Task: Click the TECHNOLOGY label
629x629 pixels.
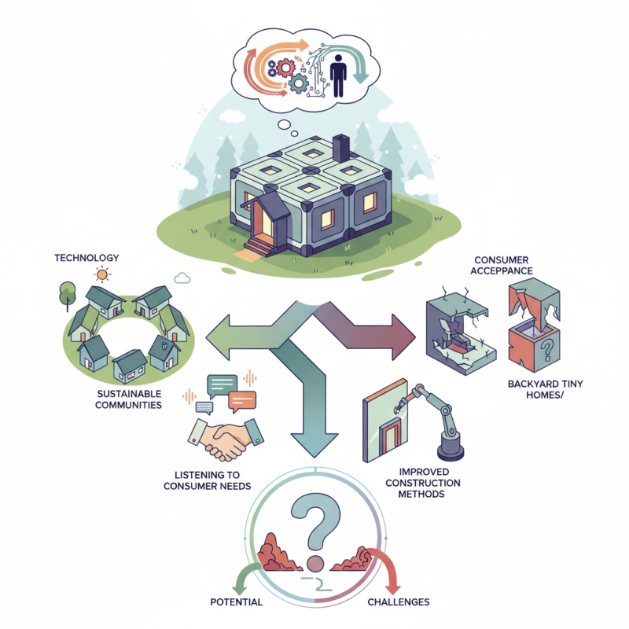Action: click(x=86, y=258)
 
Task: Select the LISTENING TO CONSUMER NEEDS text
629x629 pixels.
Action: click(x=207, y=480)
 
